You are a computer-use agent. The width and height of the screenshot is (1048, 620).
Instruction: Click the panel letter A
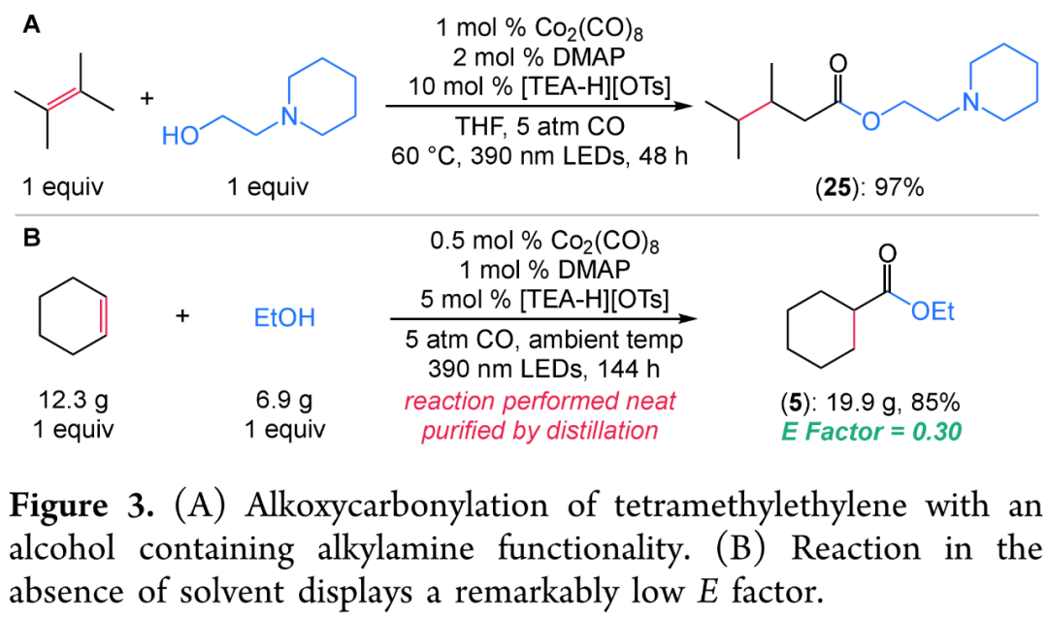tap(31, 24)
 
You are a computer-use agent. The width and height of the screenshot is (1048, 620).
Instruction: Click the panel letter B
tap(31, 238)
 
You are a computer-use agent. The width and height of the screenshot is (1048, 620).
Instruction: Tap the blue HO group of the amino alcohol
tap(180, 136)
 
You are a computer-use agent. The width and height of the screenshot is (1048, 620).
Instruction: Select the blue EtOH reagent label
tap(284, 317)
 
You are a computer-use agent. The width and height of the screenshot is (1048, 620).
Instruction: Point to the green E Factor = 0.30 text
tap(870, 431)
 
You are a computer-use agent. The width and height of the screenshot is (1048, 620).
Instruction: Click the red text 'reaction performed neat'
tap(540, 401)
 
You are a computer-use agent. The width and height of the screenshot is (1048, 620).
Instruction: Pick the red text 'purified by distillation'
tap(540, 430)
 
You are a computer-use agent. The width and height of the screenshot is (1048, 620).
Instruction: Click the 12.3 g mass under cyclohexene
tap(73, 400)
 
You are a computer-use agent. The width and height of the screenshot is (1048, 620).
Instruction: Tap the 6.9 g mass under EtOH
tap(284, 400)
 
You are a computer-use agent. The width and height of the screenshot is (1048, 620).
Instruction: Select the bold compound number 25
tap(836, 187)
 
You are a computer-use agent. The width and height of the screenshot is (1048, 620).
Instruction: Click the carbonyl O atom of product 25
tap(837, 65)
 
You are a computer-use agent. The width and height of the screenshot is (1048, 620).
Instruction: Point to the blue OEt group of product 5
tap(933, 311)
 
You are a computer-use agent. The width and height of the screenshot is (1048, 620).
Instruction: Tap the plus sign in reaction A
tap(147, 98)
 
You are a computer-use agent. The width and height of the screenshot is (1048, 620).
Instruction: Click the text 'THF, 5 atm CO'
tap(540, 126)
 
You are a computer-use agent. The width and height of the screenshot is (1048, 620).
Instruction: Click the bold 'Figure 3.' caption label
tap(82, 506)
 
